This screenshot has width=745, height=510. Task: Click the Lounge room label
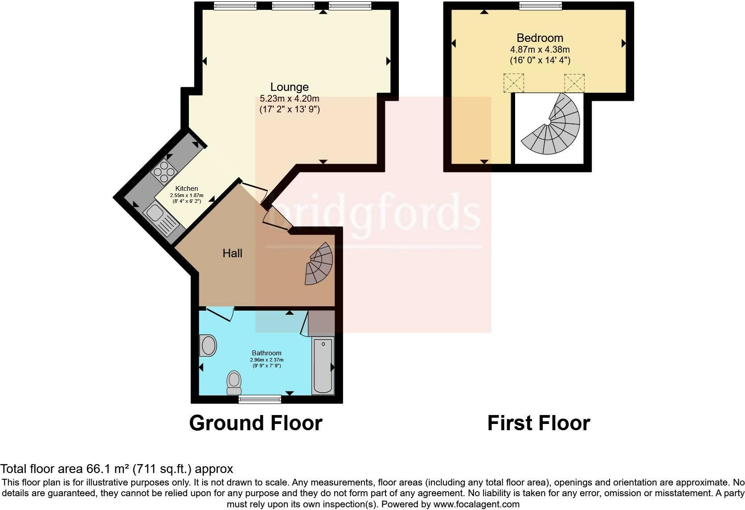pyautogui.click(x=289, y=87)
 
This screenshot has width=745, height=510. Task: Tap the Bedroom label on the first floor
pyautogui.click(x=540, y=38)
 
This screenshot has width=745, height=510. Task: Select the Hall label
pyautogui.click(x=232, y=253)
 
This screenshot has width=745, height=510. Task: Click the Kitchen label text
pyautogui.click(x=186, y=189)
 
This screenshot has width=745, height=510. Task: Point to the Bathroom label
pyautogui.click(x=266, y=353)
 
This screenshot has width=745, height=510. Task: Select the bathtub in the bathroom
pyautogui.click(x=323, y=366)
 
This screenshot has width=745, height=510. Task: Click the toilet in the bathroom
pyautogui.click(x=234, y=383)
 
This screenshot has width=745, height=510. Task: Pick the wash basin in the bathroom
pyautogui.click(x=208, y=345)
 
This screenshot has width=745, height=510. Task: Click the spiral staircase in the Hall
pyautogui.click(x=320, y=264)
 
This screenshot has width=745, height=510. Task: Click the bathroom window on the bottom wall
pyautogui.click(x=260, y=399)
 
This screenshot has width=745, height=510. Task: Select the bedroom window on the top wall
pyautogui.click(x=540, y=6)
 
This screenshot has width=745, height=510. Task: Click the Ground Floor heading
pyautogui.click(x=255, y=423)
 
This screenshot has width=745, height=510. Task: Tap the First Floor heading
pyautogui.click(x=538, y=423)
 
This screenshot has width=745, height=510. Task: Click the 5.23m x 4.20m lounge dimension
pyautogui.click(x=289, y=99)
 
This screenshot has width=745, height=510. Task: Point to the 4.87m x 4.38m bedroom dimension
pyautogui.click(x=540, y=49)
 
